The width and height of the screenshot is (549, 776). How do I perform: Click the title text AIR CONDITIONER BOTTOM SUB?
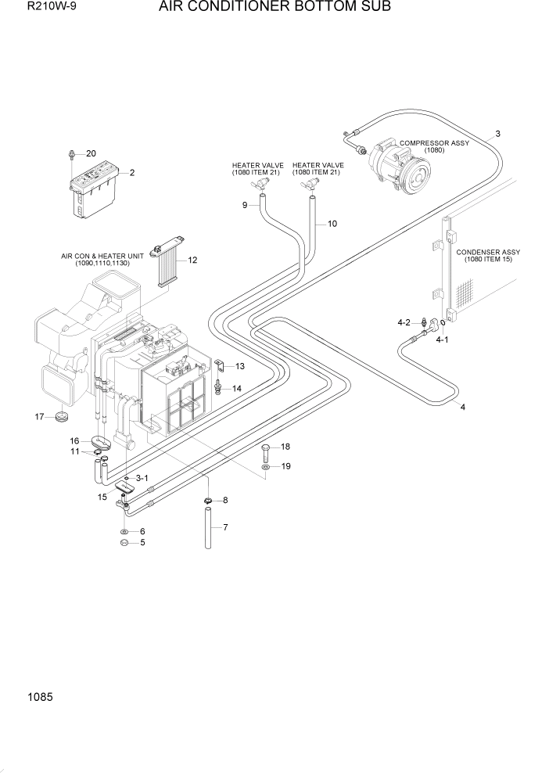click(x=274, y=8)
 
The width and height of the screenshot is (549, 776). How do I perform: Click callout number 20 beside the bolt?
click(x=91, y=153)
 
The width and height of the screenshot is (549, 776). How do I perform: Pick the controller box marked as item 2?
click(x=95, y=192)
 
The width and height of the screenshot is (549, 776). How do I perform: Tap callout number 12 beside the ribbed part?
click(x=192, y=260)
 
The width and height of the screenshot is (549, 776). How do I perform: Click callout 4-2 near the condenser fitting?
click(x=404, y=322)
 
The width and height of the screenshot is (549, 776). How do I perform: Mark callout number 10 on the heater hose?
click(x=332, y=224)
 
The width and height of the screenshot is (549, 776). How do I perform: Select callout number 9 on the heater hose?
click(x=245, y=205)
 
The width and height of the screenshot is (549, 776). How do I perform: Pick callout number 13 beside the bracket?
click(x=239, y=366)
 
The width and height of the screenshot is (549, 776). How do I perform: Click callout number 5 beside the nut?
click(x=142, y=542)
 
